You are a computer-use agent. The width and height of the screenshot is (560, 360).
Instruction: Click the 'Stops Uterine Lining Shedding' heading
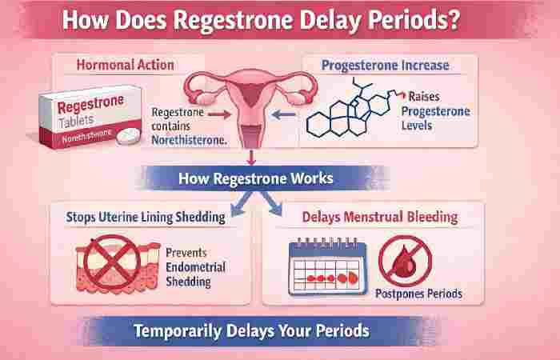[137, 216]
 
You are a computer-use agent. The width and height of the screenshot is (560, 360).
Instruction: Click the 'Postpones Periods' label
[418, 294]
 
